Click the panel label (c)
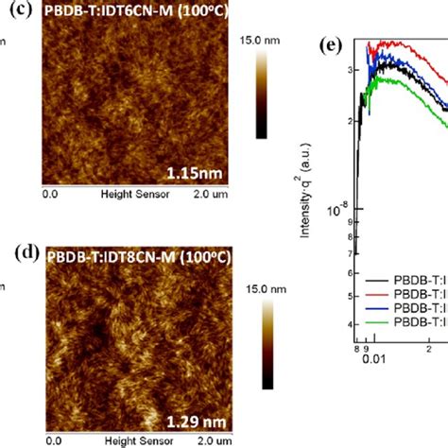click(x=24, y=12)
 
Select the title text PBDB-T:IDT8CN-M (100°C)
click(x=133, y=256)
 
